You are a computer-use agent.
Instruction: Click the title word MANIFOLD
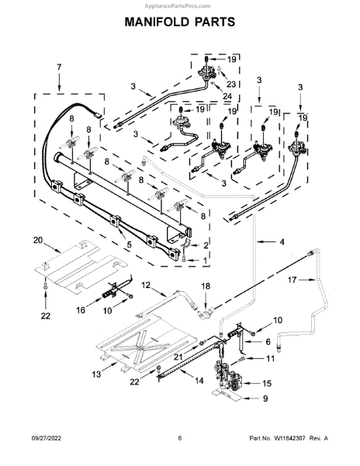[157, 22]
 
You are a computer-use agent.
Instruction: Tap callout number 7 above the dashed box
[59, 67]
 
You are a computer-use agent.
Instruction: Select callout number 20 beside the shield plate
[38, 240]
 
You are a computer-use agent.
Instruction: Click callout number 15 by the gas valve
[267, 384]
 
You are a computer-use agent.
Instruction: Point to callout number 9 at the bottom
[265, 398]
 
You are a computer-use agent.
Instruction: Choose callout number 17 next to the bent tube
[292, 280]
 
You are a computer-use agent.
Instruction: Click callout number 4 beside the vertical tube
[282, 242]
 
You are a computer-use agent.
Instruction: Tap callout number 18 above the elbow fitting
[206, 286]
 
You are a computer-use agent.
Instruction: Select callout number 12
[146, 285]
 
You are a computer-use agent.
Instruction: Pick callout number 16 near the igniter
[81, 310]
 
